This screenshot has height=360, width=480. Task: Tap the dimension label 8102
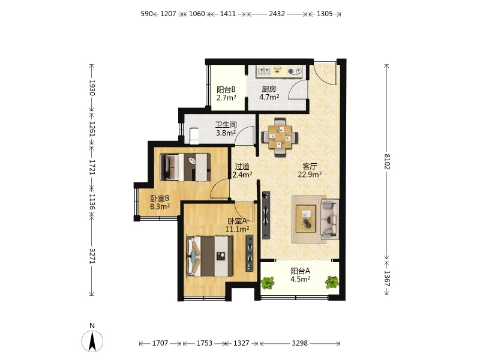point(387,161)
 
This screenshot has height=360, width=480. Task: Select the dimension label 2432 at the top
point(277,14)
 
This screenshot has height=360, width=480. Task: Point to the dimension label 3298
point(299,343)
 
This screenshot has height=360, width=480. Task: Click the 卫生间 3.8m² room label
point(226,129)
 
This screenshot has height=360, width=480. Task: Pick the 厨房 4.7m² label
point(269,93)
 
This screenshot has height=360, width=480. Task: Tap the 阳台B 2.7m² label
point(226,94)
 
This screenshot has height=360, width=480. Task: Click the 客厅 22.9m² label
point(310,170)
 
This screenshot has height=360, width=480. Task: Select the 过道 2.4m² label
point(242,170)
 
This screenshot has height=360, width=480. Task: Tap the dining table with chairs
point(280,137)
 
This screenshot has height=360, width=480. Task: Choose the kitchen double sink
point(263,71)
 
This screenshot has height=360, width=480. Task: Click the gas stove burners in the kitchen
point(295,71)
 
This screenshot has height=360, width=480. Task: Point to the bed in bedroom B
point(185,167)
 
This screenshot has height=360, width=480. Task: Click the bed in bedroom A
point(210,256)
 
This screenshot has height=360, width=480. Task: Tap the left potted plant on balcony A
point(268,283)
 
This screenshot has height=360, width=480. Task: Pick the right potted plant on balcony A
point(332,282)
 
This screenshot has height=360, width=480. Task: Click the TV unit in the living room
point(266,215)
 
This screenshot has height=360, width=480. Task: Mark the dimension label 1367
point(387,278)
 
